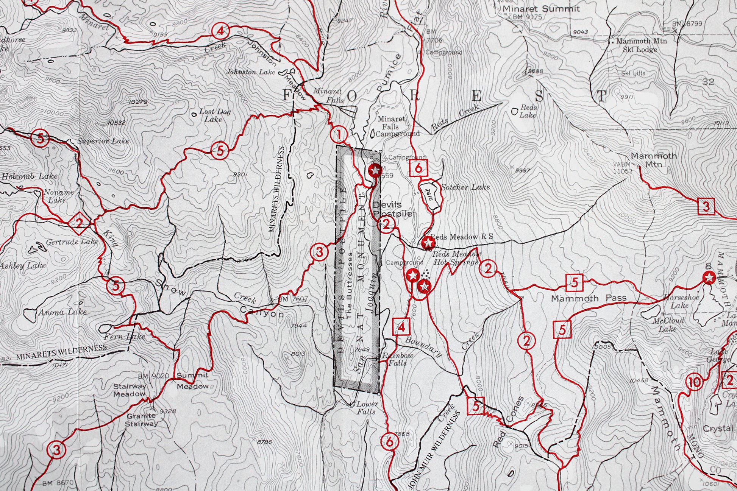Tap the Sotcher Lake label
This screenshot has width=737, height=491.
click(x=465, y=187)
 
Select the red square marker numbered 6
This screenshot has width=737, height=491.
click(x=418, y=168)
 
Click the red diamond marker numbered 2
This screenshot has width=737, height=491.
click(x=79, y=223)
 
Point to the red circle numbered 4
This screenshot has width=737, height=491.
click(x=220, y=31)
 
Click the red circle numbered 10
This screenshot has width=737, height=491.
click(x=694, y=383)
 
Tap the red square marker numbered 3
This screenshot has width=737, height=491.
click(x=706, y=207)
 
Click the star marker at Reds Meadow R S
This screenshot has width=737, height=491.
click(x=428, y=243)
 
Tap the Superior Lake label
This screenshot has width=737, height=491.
click(x=103, y=141)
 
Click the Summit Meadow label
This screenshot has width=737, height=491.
click(x=193, y=380)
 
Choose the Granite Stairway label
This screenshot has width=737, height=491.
click(x=141, y=419)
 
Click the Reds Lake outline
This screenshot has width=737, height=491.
click(x=515, y=111)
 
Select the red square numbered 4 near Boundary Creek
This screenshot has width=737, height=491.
click(x=401, y=327)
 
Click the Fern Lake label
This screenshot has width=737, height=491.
click(x=125, y=336)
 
